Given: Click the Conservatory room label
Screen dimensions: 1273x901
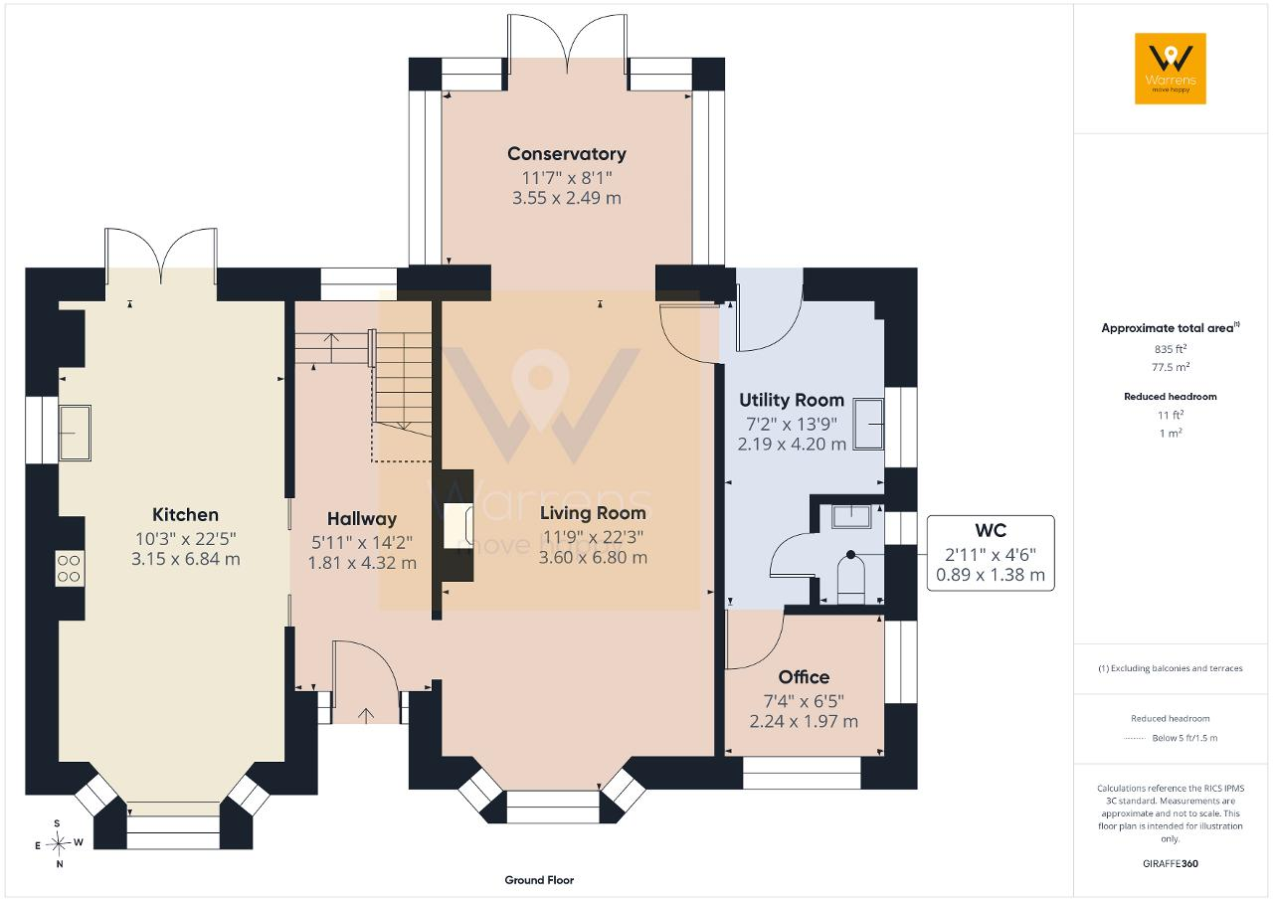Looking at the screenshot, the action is (x=567, y=154).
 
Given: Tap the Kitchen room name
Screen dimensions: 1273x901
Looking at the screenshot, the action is (x=185, y=515).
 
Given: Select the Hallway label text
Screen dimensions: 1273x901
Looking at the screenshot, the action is (x=362, y=519).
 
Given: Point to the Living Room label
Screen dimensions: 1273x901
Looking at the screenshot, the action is (x=593, y=513).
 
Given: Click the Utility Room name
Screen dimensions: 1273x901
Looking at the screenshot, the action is (x=792, y=401).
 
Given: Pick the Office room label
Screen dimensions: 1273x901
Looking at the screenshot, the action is (x=804, y=677).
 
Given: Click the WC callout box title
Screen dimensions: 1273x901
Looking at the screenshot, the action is (x=991, y=531).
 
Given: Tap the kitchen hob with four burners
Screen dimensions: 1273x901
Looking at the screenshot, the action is (x=70, y=568).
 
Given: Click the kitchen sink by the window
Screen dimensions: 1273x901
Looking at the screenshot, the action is (x=75, y=433).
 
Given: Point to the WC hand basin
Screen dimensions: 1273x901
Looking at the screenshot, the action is (x=851, y=516).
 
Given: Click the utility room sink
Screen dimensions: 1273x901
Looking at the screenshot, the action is (x=868, y=424).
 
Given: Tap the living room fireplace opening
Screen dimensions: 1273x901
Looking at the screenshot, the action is (x=458, y=526).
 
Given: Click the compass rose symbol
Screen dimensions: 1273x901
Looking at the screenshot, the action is (x=59, y=843).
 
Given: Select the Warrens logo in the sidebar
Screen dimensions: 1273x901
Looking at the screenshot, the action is (x=1171, y=69).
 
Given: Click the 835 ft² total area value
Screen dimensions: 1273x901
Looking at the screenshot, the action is (x=1171, y=349).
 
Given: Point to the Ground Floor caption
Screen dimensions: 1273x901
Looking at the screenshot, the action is (x=539, y=880).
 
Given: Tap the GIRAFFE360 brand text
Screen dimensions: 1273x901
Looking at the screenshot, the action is (x=1171, y=863).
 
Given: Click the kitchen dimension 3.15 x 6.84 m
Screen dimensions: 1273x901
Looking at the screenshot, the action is (x=185, y=559).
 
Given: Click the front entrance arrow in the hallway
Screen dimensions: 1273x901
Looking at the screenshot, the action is (x=366, y=716).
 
